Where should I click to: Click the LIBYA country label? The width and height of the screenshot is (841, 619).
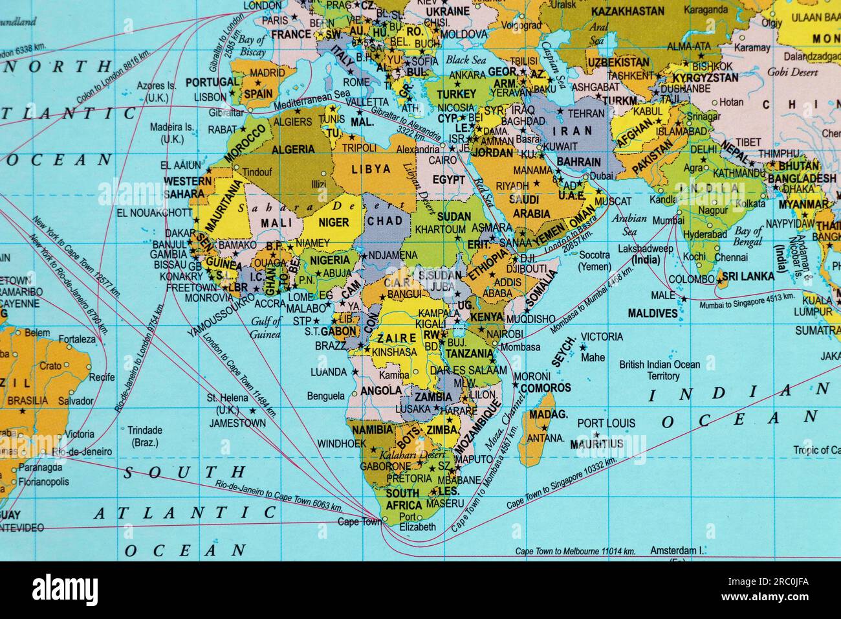(x=371, y=169)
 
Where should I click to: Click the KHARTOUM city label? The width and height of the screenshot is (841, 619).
(x=440, y=229)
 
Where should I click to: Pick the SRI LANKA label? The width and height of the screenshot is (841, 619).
(x=748, y=276)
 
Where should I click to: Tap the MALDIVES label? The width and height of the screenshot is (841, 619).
(x=653, y=313)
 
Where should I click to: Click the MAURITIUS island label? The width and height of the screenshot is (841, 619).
(x=596, y=444)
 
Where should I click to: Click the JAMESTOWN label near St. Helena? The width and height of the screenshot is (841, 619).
(x=237, y=423)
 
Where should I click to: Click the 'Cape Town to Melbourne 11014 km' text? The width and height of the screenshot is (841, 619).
(x=575, y=551)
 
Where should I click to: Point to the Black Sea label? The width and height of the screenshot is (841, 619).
(x=465, y=60)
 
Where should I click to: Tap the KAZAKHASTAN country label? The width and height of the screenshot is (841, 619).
(x=628, y=11)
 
